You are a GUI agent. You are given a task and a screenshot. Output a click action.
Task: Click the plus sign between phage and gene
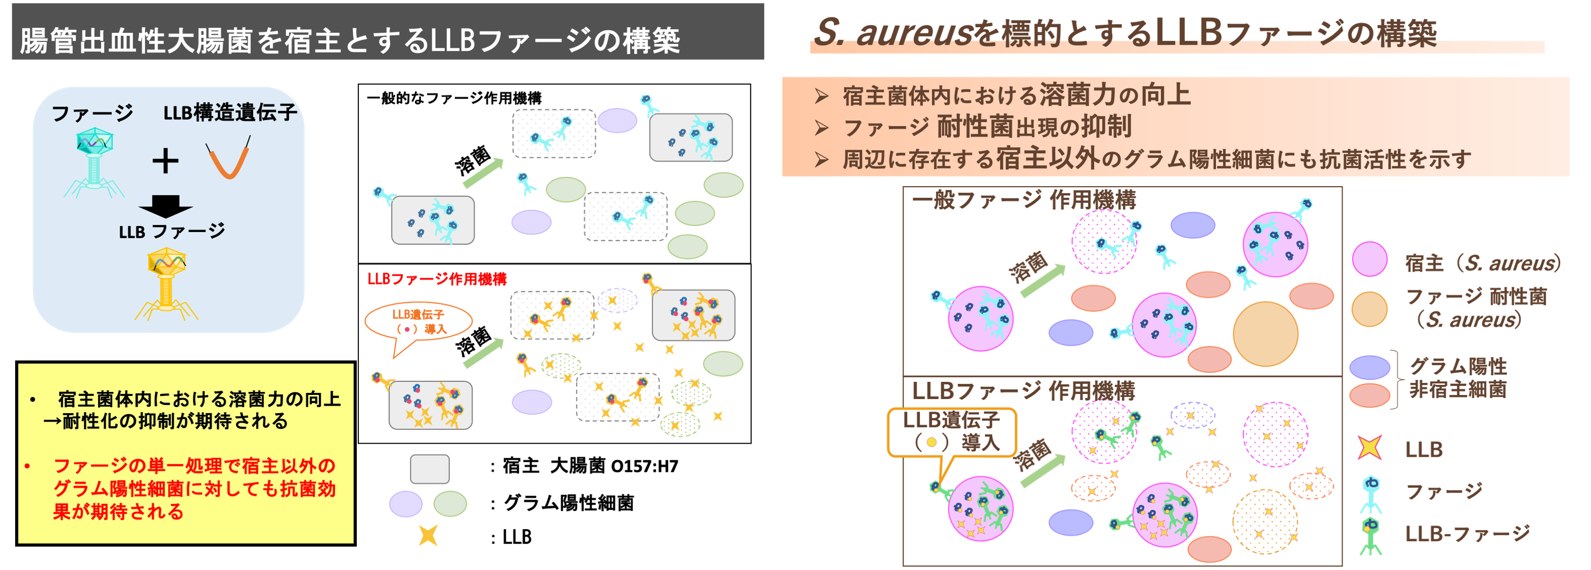tap(165, 161)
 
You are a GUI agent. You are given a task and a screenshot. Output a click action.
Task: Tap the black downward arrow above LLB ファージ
tap(165, 206)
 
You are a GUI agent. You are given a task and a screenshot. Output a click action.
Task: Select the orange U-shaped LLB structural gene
tap(229, 159)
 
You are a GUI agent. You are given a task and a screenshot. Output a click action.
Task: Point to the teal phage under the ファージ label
tap(94, 162)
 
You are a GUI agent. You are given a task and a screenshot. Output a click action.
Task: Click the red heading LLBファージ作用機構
tap(437, 279)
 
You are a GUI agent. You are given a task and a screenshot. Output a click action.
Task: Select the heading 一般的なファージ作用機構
tap(454, 98)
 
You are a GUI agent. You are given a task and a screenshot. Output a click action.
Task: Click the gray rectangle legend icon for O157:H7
tap(429, 469)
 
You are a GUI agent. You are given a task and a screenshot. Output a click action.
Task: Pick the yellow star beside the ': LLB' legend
tap(428, 535)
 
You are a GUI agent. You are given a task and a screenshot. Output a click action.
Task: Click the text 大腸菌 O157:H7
tap(614, 466)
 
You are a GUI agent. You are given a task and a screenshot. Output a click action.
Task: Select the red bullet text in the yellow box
tap(194, 489)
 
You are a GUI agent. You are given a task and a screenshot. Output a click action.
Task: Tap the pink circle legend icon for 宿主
tap(1369, 259)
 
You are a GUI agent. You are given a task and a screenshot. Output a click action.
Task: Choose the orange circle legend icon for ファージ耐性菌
tap(1369, 309)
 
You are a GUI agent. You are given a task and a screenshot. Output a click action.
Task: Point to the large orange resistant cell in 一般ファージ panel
tap(1265, 333)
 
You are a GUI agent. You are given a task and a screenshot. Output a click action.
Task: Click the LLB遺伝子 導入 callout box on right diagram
tap(951, 431)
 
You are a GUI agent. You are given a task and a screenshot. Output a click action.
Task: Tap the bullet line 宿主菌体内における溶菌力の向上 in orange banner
tap(1016, 96)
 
